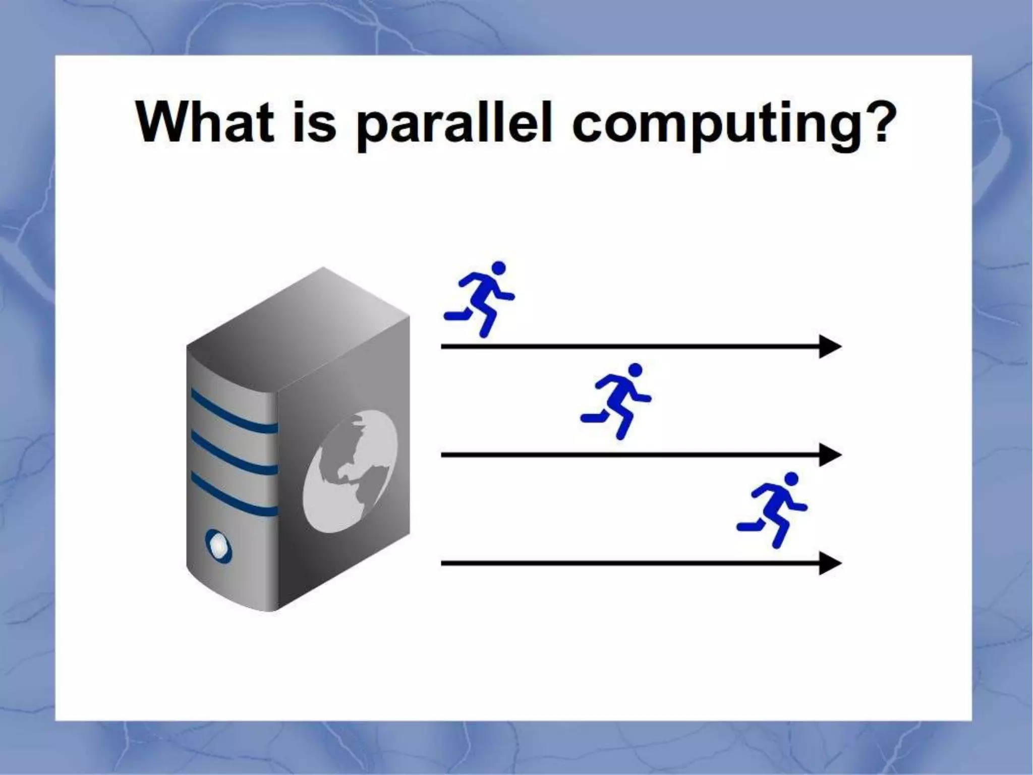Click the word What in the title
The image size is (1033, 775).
click(x=205, y=122)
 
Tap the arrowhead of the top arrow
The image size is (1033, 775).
click(x=829, y=347)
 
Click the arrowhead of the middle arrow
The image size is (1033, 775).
click(x=829, y=455)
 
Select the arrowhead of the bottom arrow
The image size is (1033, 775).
click(x=829, y=563)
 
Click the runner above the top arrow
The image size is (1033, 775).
click(x=479, y=299)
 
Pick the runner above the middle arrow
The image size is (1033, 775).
click(x=616, y=401)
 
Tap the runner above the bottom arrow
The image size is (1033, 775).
click(x=772, y=510)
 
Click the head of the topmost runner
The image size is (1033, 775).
click(x=498, y=268)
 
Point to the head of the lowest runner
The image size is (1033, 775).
click(x=791, y=478)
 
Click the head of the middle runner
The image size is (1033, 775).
click(x=635, y=370)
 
